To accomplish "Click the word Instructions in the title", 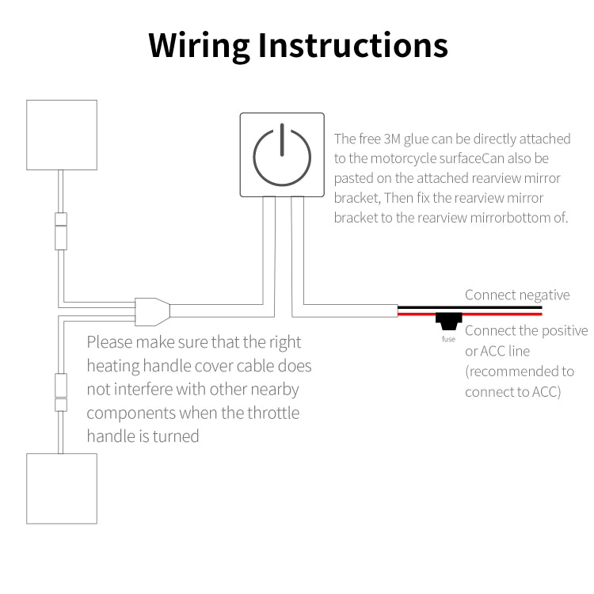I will (x=353, y=46).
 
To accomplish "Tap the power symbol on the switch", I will (x=282, y=154).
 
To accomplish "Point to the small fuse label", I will (x=449, y=339).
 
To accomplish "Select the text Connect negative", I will (x=517, y=295).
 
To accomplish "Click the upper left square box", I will (x=62, y=135).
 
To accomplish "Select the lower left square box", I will (x=62, y=488).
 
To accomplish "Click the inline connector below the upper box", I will (x=60, y=231).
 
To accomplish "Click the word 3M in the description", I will (x=391, y=139).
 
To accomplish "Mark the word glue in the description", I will (x=418, y=139).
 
